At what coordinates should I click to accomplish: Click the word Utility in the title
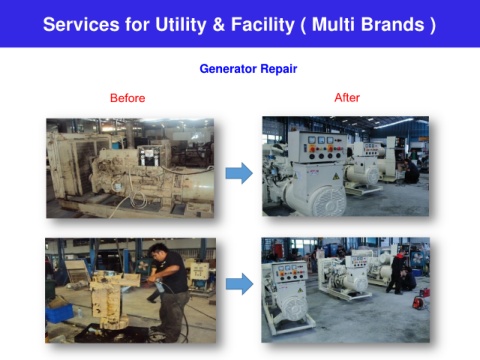181,25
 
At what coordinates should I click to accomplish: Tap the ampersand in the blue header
218,25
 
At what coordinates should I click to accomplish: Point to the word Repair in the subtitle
279,69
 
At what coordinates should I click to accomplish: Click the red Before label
128,98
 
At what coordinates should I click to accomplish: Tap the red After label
347,97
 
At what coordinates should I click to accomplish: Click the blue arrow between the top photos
239,173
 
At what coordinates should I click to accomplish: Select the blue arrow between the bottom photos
239,284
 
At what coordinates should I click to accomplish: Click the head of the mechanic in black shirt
159,252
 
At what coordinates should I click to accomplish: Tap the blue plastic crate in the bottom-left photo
59,313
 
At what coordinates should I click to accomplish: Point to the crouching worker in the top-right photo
411,171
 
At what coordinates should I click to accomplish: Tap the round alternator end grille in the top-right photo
328,201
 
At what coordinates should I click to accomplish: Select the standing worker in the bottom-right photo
397,272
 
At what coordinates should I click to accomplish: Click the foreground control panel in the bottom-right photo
289,272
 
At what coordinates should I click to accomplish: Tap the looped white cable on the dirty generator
138,199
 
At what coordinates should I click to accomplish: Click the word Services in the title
81,25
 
